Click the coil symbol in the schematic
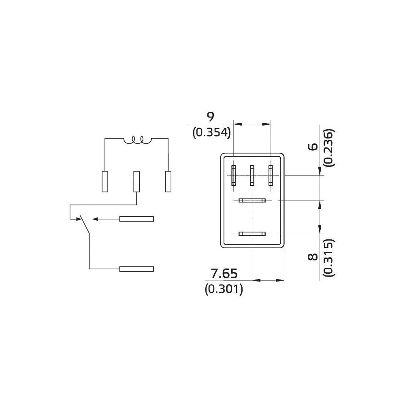pyautogui.click(x=137, y=140)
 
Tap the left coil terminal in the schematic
pyautogui.click(x=105, y=181)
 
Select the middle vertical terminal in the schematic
pyautogui.click(x=136, y=181)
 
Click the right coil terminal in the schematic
pyautogui.click(x=168, y=181)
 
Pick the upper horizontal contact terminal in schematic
pyautogui.click(x=136, y=219)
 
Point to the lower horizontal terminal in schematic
pyautogui.click(x=136, y=269)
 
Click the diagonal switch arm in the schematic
pyautogui.click(x=84, y=224)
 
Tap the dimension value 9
pyautogui.click(x=210, y=117)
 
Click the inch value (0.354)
pyautogui.click(x=211, y=132)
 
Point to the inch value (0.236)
pyautogui.click(x=329, y=147)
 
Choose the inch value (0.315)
pyautogui.click(x=329, y=258)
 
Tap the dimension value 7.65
pyautogui.click(x=224, y=274)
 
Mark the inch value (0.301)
pyautogui.click(x=224, y=289)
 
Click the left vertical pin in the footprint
pyautogui.click(x=233, y=175)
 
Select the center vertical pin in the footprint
pyautogui.click(x=252, y=175)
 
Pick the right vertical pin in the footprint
pyautogui.click(x=271, y=175)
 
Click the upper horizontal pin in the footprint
pyautogui.click(x=252, y=200)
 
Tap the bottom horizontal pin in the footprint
pyautogui.click(x=252, y=233)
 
